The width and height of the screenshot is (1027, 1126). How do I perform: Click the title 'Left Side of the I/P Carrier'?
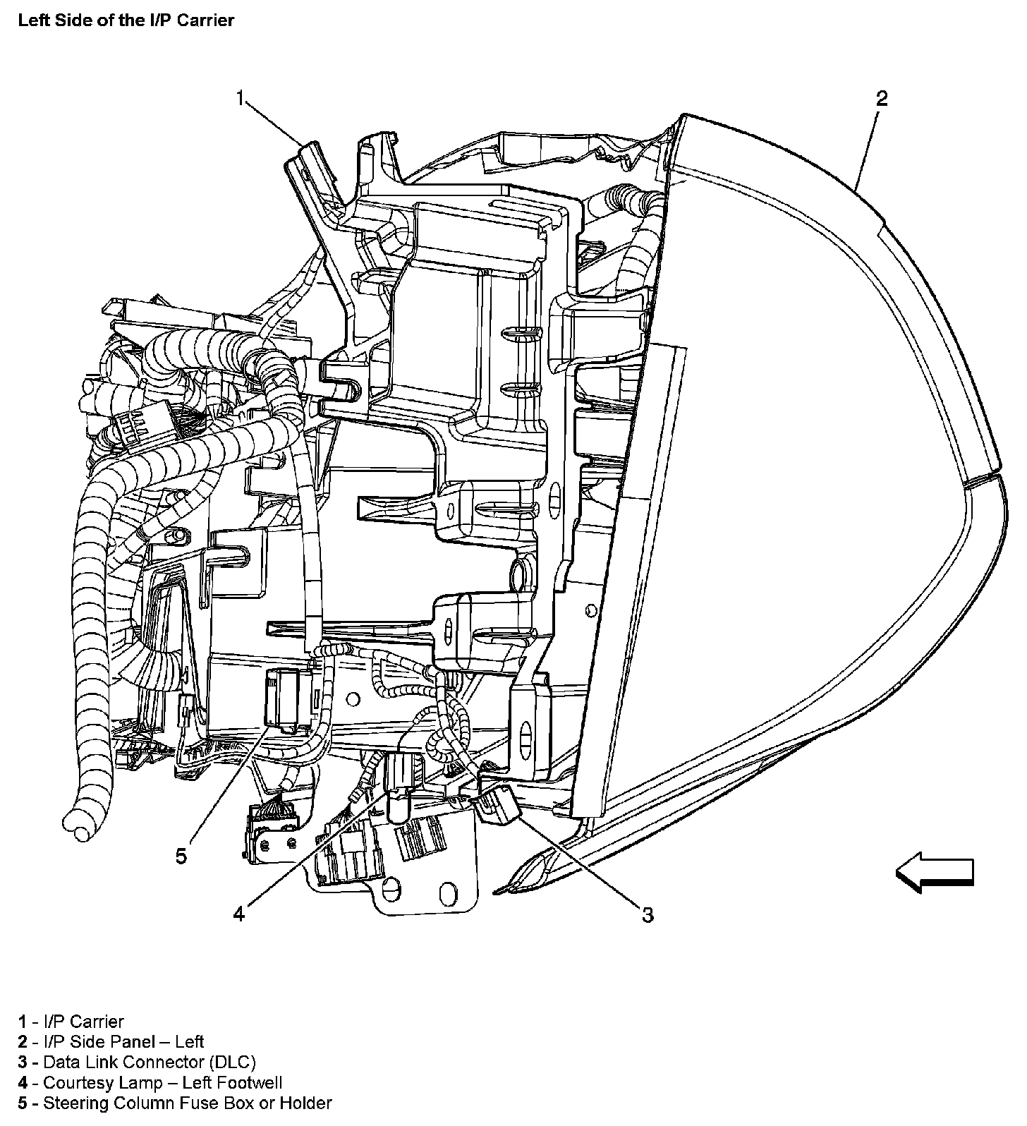click(x=126, y=20)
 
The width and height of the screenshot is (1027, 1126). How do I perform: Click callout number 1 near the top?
click(x=241, y=97)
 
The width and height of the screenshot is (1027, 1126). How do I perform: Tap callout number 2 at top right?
click(x=881, y=98)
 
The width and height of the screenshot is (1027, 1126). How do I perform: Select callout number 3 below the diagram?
click(x=647, y=914)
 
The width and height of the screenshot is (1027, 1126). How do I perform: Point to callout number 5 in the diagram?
click(x=181, y=856)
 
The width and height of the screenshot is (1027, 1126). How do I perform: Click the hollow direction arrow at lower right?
click(x=934, y=872)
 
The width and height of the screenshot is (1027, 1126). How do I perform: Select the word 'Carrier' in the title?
click(x=207, y=20)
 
